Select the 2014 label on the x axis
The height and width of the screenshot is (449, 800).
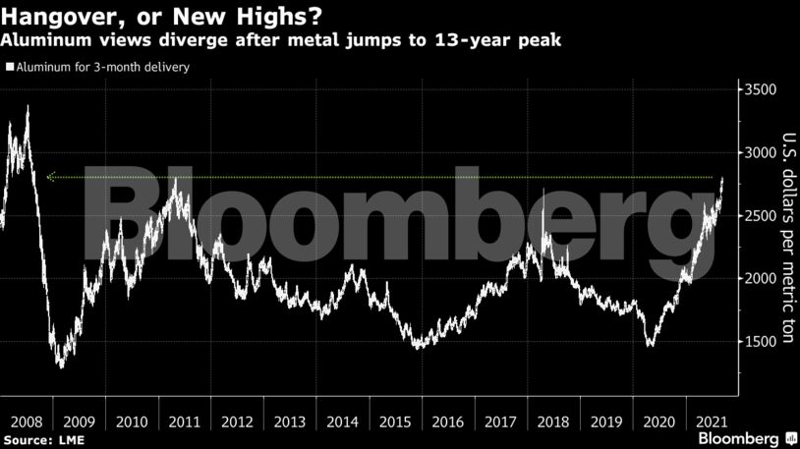[x=343, y=421]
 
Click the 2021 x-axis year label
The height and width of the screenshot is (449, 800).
[x=712, y=421]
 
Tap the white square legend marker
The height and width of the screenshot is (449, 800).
[x=9, y=68]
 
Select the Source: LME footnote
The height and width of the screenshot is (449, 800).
[x=40, y=438]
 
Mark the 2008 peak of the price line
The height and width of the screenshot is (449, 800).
[x=27, y=106]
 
